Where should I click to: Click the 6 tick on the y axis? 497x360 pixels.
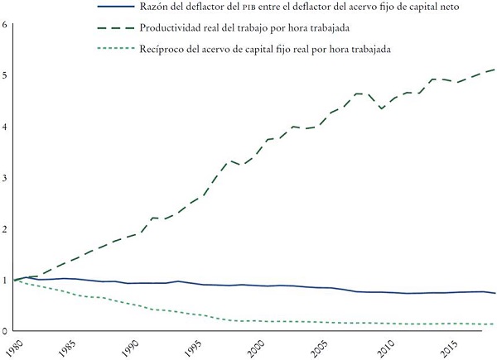coord(5,24)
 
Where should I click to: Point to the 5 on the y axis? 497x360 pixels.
coord(5,75)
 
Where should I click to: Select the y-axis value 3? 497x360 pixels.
coord(5,178)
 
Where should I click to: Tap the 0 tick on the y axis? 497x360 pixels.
coord(5,331)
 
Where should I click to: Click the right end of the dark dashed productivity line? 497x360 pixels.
coord(495,70)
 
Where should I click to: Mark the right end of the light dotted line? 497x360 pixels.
coord(495,324)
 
